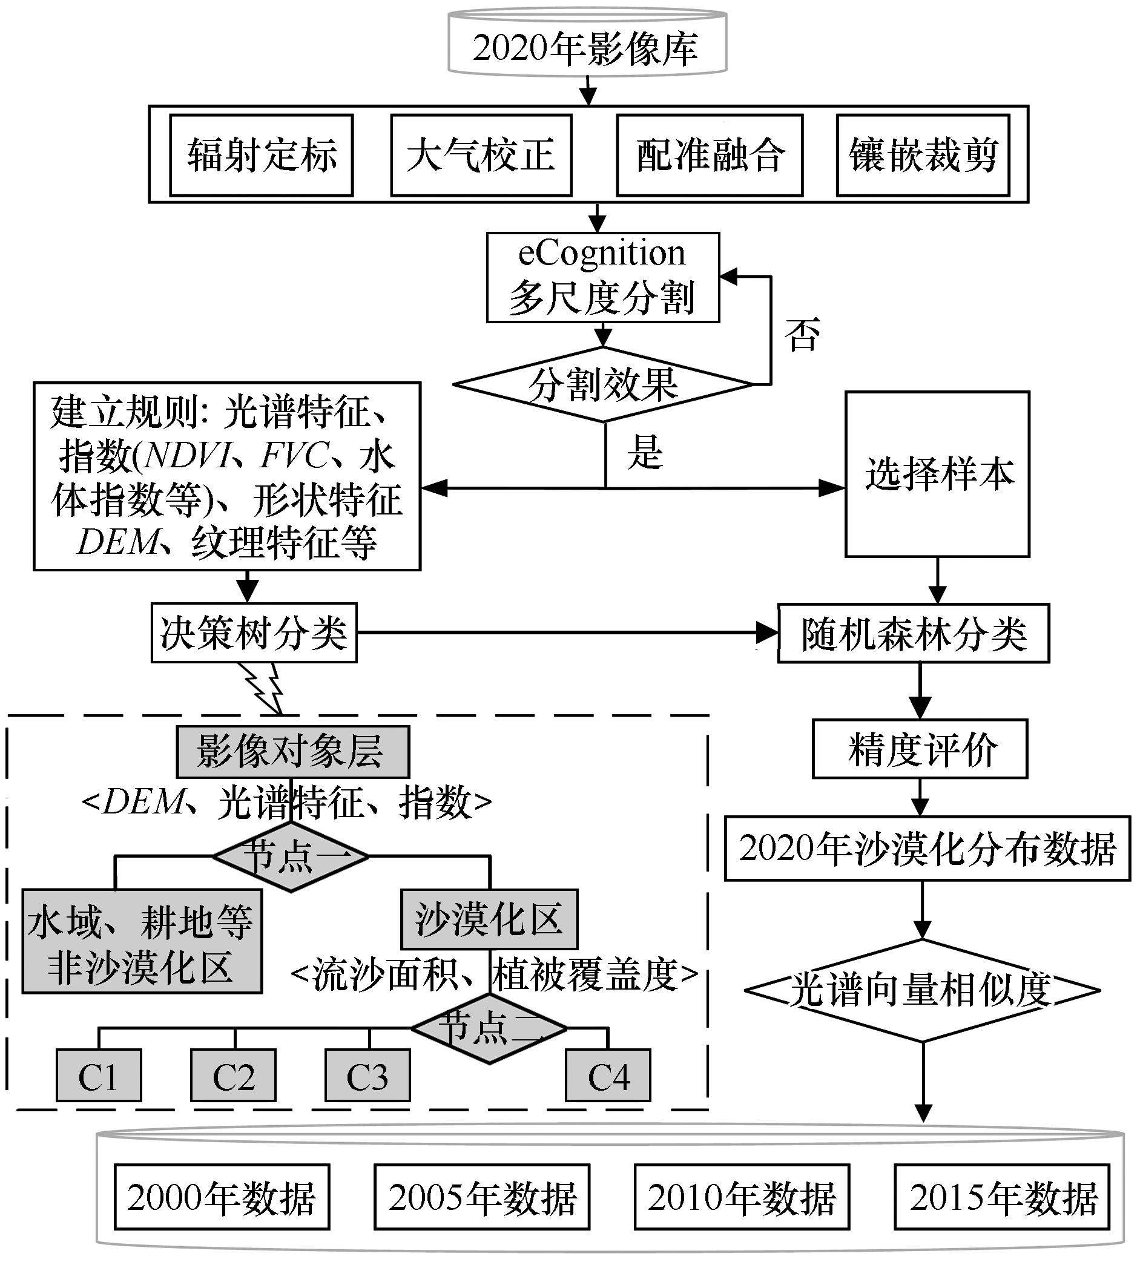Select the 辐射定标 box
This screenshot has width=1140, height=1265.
[x=261, y=156]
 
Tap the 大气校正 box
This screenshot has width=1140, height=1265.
[x=481, y=156]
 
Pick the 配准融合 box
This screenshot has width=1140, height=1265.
[x=710, y=156]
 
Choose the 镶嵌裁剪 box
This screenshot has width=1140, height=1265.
[x=923, y=156]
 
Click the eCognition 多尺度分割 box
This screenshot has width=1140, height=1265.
[x=602, y=277]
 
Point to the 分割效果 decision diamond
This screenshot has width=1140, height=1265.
[x=603, y=384]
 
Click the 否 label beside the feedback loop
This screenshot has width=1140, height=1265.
[x=802, y=335]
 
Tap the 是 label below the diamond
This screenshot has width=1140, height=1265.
[x=645, y=452]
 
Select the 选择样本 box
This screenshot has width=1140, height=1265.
[x=937, y=474]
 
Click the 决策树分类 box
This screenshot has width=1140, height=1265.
[x=254, y=633]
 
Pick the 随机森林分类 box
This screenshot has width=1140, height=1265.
[x=913, y=634]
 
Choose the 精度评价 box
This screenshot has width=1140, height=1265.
[x=920, y=749]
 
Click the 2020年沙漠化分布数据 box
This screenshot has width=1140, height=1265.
[x=927, y=849]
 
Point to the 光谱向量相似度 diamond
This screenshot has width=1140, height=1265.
[x=922, y=990]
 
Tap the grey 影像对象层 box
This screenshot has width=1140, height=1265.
[x=292, y=752]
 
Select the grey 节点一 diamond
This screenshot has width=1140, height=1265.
[x=290, y=856]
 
